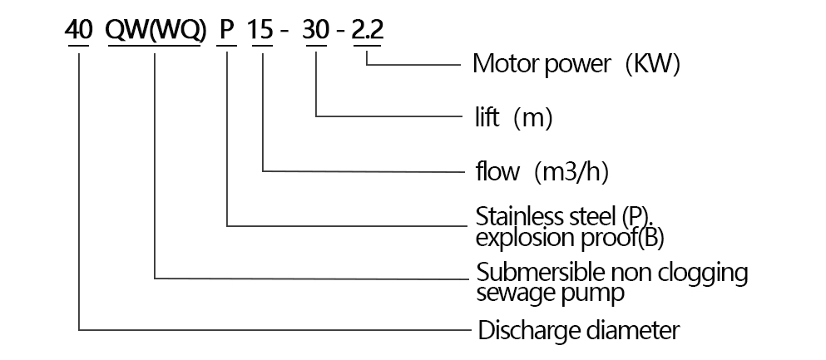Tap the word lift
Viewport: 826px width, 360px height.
[484, 118]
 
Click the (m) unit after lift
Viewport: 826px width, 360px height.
[533, 118]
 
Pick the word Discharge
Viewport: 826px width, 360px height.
[527, 330]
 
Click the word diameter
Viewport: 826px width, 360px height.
[630, 330]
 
